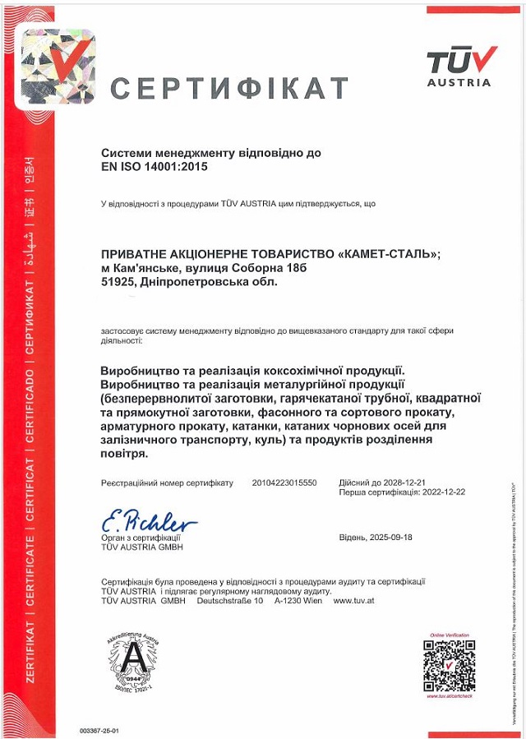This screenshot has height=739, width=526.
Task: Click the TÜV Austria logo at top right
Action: [462, 66]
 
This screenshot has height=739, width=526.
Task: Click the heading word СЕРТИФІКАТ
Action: [229, 88]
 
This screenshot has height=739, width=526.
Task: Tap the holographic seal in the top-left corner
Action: [58, 66]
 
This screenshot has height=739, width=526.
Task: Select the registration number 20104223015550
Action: [284, 483]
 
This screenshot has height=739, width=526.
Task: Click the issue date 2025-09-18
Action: [390, 537]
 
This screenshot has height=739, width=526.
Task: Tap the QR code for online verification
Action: [450, 664]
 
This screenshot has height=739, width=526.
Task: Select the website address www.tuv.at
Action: [354, 601]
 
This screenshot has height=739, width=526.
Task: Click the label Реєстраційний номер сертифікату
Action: [167, 483]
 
